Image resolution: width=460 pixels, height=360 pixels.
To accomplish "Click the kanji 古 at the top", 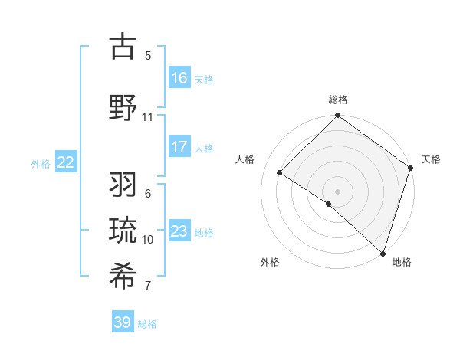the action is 123,46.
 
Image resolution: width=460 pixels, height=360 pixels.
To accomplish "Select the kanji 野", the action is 123,107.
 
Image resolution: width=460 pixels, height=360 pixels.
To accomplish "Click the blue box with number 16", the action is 179,77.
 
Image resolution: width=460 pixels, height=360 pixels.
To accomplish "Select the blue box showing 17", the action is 179,147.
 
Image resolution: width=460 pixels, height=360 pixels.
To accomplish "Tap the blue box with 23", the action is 179,231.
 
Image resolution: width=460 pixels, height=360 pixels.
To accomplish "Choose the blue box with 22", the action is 65,162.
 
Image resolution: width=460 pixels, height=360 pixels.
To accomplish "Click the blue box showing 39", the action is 123,322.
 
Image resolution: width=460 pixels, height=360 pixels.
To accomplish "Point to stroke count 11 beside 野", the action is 147,117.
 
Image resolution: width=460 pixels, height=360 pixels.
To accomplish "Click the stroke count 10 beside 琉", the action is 147,240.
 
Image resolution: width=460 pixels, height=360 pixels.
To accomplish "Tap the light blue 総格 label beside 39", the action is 147,324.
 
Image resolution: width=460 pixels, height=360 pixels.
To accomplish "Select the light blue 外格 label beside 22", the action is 41,163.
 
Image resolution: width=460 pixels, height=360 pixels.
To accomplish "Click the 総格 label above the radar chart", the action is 338,100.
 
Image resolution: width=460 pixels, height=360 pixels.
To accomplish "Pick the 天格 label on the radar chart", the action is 431,159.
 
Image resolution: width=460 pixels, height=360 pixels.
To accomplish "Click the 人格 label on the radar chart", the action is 245,159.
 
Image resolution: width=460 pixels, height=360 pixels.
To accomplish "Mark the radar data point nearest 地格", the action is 383,253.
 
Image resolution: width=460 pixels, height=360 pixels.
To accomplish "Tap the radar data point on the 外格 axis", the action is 329,204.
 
